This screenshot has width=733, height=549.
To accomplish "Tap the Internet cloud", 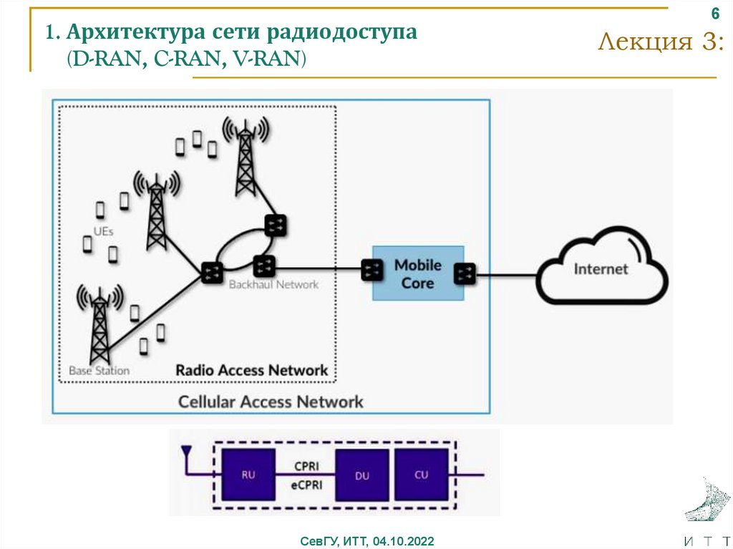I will point(601,270).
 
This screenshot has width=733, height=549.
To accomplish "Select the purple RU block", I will point(248,474).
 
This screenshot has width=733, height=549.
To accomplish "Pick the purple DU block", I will point(362,475).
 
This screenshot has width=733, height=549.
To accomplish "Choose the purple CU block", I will point(422,474).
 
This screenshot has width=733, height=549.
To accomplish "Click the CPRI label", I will point(306,466).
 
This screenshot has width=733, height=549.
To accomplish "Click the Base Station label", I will point(99,371).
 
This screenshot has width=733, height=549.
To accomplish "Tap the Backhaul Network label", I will point(273,285).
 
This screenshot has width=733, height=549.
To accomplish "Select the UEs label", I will point(103,231).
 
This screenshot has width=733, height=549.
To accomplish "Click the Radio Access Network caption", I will point(252,370).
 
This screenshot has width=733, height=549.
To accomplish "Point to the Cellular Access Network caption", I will point(271,402).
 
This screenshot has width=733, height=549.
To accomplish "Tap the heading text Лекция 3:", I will point(661,42).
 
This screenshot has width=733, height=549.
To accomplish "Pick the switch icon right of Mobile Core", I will point(465,273).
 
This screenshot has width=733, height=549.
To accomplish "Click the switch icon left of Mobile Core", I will point(372,270).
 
